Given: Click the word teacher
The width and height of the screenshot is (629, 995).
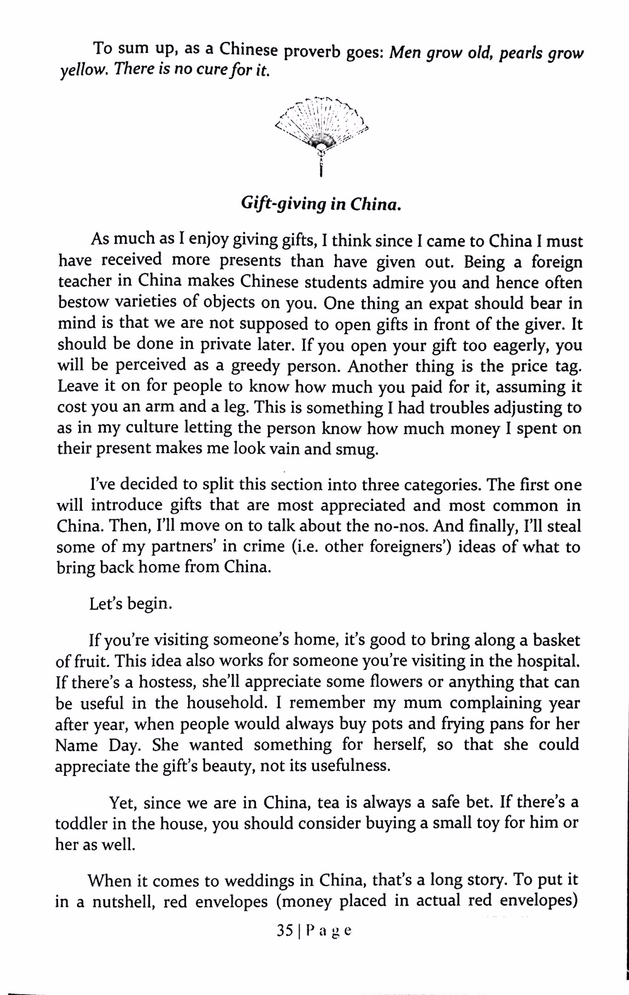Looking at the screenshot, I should pos(84,283).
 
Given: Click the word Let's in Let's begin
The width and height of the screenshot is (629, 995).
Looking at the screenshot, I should pos(106,605).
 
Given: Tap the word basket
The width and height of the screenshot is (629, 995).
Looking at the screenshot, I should pos(550,641).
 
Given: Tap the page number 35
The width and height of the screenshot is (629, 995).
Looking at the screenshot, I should pos(285,931).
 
